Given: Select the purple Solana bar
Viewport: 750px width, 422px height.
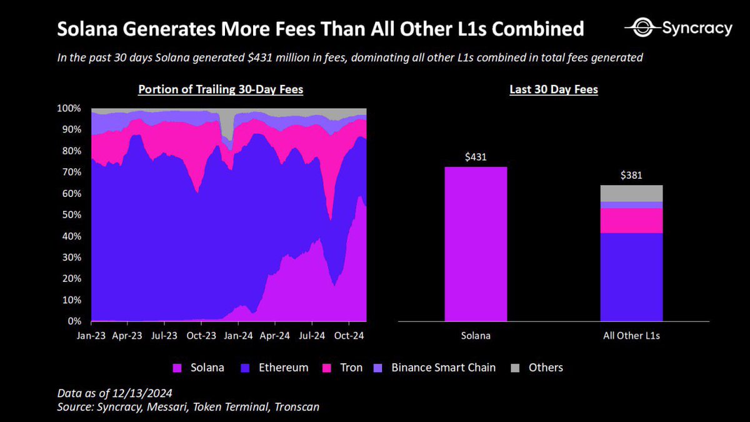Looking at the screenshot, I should coord(476,244).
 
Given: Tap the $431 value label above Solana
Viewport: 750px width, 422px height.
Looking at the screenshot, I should coord(476,158).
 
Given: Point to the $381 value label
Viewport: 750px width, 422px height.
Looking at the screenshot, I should coord(631,176).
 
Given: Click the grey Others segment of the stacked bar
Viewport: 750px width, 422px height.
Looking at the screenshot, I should coord(631,193).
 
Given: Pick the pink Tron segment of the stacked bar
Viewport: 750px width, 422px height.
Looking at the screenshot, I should coord(631,220).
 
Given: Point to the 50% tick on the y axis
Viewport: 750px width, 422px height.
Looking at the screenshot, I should coord(73,215).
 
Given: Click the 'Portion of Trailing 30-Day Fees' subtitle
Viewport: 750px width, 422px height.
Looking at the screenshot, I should coord(221,90).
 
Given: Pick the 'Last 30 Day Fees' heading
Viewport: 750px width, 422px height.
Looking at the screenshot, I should coord(553,90).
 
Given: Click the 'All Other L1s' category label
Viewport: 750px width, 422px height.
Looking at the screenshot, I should coord(631,336).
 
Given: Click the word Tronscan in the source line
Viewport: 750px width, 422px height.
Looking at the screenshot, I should coord(296,408).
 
